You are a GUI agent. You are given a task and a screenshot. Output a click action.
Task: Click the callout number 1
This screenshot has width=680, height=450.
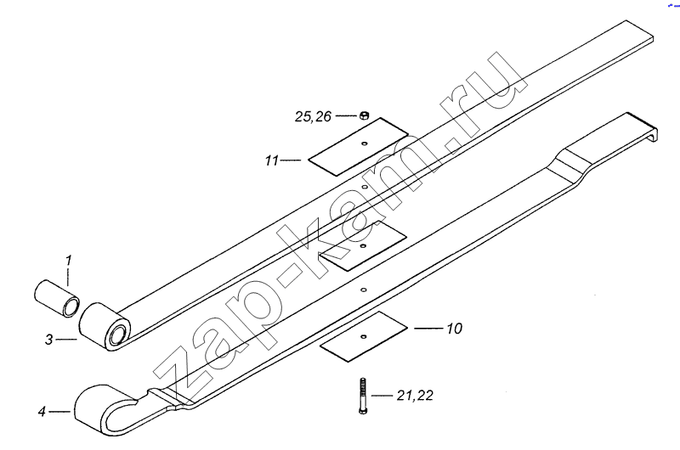point(68,261)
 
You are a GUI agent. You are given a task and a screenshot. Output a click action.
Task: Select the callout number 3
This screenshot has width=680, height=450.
point(49,340)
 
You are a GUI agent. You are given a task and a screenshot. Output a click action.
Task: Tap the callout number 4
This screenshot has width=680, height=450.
point(42,412)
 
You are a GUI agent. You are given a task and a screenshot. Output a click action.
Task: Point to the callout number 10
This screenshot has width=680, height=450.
point(454,329)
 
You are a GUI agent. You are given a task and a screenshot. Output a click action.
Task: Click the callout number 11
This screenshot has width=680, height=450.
point(271,160)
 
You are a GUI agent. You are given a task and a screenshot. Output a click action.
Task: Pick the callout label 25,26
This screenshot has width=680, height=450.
point(313,116)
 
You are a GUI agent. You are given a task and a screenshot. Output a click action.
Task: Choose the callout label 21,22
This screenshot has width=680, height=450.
point(415,396)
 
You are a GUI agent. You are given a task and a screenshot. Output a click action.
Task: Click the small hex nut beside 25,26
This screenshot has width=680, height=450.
point(365,115)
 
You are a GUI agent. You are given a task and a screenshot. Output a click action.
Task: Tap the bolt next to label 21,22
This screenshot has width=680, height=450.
point(363,396)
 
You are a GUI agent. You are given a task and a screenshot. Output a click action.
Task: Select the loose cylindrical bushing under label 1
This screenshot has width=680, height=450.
point(57,299)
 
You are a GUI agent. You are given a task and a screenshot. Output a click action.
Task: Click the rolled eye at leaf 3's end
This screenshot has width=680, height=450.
point(105,326)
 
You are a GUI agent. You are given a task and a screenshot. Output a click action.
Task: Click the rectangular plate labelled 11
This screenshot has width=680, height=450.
point(358,147)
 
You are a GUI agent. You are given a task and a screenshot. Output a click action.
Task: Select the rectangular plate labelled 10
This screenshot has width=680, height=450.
point(364,336)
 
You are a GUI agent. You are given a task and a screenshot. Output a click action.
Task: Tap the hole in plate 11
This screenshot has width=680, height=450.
point(365,143)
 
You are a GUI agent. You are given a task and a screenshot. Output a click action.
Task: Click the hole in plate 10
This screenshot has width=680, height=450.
point(364,336)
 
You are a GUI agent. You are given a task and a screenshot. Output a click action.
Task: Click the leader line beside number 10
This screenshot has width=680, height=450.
point(428,329)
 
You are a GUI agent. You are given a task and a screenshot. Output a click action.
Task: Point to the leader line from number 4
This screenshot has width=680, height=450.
point(59,412)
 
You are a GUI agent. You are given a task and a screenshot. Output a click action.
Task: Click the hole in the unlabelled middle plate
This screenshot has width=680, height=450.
point(364,246)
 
